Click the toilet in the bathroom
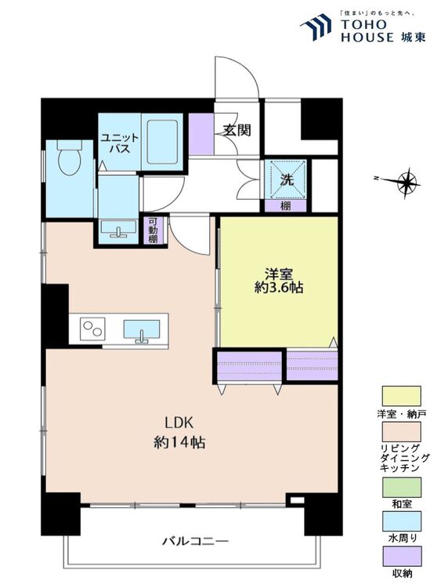click(69, 158)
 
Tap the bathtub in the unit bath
click(162, 142)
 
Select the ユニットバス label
click(120, 143)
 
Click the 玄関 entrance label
click(237, 130)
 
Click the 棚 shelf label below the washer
click(286, 205)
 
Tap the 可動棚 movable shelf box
click(153, 230)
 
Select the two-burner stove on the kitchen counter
click(92, 328)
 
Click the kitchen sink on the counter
click(142, 330)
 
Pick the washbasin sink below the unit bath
click(119, 229)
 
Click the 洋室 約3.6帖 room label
click(279, 281)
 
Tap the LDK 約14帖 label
click(179, 433)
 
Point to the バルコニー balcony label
click(195, 541)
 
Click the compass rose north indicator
click(406, 183)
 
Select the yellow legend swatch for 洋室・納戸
click(401, 396)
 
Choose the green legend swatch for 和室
click(401, 488)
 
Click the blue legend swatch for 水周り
click(401, 521)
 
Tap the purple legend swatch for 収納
click(401, 556)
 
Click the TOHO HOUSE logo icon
click(316, 26)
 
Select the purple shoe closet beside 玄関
click(201, 133)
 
